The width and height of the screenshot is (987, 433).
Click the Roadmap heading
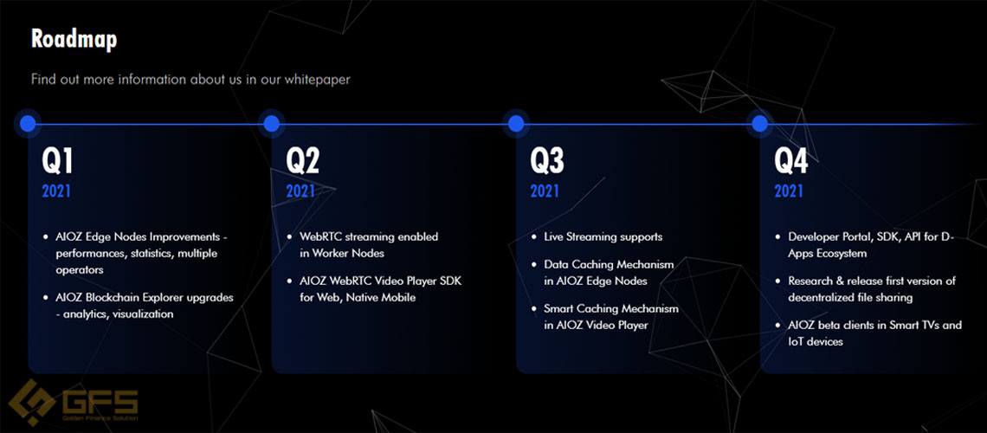click(74, 39)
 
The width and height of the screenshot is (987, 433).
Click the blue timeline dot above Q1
click(28, 123)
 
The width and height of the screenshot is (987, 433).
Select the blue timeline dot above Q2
click(271, 123)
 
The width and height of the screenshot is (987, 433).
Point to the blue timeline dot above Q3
click(515, 123)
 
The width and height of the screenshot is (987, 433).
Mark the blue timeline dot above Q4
click(760, 123)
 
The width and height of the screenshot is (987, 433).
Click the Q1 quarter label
click(57, 161)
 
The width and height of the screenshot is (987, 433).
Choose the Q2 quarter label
click(302, 161)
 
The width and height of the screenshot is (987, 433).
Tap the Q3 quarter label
click(546, 161)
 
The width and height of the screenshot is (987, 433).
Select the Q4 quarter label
click(790, 161)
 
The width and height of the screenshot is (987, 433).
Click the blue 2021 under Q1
click(56, 191)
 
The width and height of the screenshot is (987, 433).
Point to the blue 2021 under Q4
click(789, 191)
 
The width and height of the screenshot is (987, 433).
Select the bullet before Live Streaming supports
click(534, 237)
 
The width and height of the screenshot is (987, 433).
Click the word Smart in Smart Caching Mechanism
click(558, 309)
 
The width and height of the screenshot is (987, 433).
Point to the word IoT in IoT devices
click(797, 342)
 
